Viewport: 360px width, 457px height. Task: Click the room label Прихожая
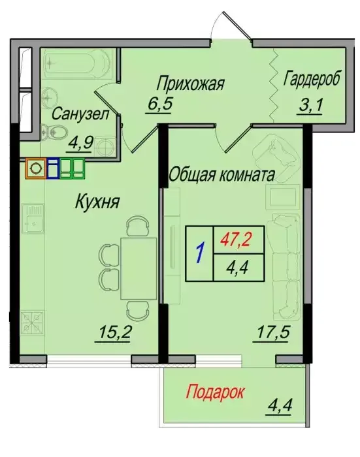(x=190, y=84)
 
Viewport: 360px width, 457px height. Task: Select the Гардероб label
(x=312, y=79)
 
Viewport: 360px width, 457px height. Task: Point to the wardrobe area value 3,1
(x=310, y=105)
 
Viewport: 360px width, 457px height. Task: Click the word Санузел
(x=80, y=114)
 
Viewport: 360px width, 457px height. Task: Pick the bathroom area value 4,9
(x=79, y=143)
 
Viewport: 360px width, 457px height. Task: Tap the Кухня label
(x=97, y=202)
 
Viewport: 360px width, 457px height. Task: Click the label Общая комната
(x=221, y=175)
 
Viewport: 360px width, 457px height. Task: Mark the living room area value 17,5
(x=273, y=332)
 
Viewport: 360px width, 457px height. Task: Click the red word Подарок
(x=215, y=392)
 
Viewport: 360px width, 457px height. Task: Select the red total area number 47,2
(x=236, y=240)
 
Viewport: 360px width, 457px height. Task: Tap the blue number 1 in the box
(x=200, y=253)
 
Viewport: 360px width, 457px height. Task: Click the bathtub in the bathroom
(x=78, y=62)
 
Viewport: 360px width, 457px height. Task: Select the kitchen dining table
(x=139, y=268)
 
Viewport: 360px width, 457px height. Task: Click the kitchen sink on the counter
(x=33, y=219)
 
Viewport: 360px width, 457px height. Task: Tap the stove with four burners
(x=33, y=323)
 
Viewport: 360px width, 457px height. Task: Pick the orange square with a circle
(x=35, y=168)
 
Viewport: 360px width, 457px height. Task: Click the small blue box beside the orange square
(x=52, y=168)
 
